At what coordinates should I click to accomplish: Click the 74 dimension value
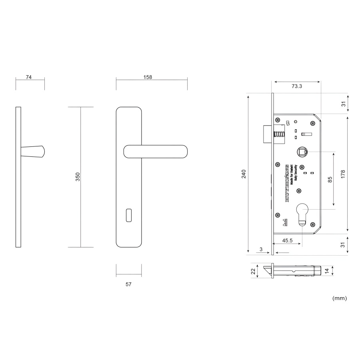tap(29, 77)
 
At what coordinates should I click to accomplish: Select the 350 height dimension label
tap(78, 177)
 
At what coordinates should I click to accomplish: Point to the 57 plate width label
tap(128, 284)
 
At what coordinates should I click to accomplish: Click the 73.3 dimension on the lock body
tap(296, 86)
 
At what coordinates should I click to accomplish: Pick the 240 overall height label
tap(243, 174)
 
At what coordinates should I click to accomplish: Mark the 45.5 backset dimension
tap(288, 241)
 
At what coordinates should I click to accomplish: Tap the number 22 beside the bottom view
tap(253, 271)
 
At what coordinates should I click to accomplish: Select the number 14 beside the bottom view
tap(327, 271)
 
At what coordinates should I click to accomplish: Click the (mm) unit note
tap(339, 298)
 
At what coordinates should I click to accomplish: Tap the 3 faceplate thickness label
tap(261, 249)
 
